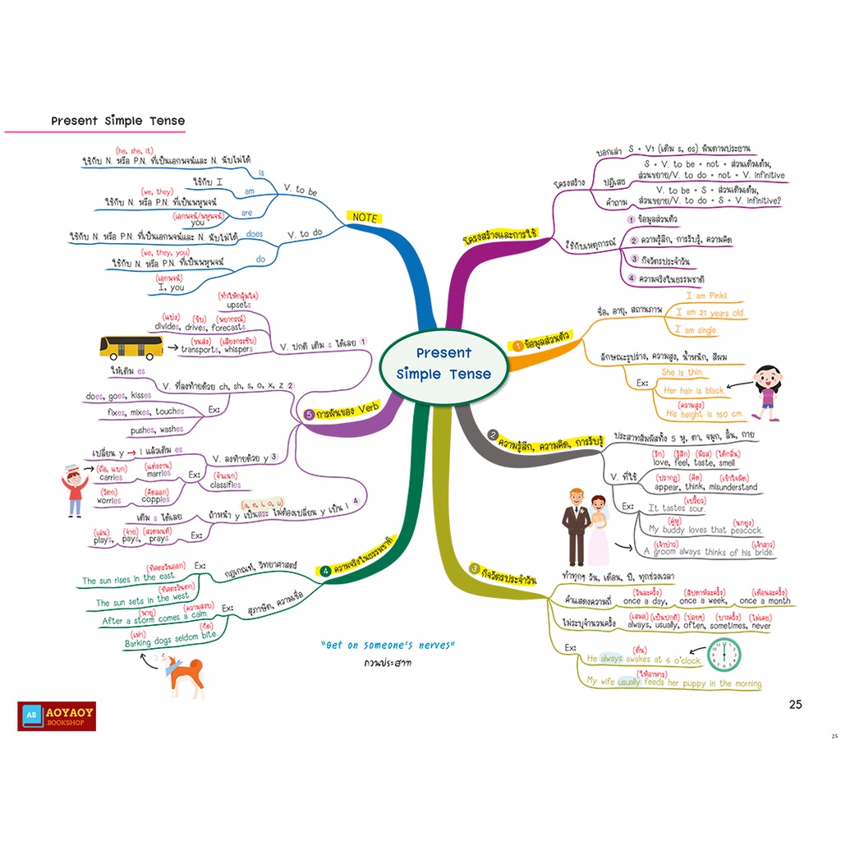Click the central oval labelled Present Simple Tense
(443, 364)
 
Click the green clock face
(724, 655)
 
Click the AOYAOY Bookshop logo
(57, 716)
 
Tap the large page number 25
(795, 704)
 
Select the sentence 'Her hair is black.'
(694, 391)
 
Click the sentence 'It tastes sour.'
(678, 508)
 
